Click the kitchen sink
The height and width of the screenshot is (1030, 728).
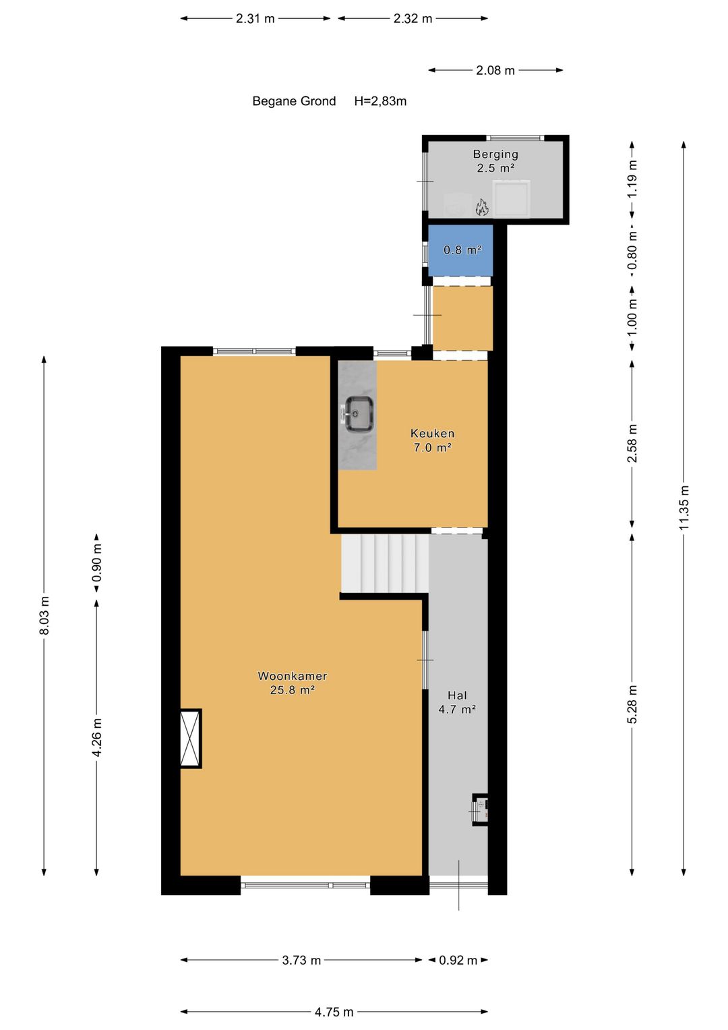tap(359, 413)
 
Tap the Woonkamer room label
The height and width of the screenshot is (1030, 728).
tap(293, 683)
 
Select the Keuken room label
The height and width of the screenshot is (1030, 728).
tap(432, 440)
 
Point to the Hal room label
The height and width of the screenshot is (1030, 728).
tap(457, 702)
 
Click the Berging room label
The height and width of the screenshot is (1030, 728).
tap(495, 161)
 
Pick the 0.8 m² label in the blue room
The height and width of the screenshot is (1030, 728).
tap(462, 250)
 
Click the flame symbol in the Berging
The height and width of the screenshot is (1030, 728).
tap(482, 207)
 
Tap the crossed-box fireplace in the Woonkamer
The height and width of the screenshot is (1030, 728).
tap(191, 739)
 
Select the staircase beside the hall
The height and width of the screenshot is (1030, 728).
tap(384, 563)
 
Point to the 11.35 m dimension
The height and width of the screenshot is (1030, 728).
tap(684, 507)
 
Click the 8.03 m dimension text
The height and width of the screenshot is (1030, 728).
tap(44, 615)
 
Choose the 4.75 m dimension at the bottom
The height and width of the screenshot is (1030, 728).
tap(334, 1012)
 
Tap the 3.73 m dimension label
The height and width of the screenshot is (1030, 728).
tap(301, 961)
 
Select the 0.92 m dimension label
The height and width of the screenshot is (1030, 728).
tap(458, 961)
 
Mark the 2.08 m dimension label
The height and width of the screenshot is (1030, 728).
tap(495, 70)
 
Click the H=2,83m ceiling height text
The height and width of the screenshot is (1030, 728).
tap(380, 101)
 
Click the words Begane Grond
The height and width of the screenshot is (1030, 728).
tap(294, 101)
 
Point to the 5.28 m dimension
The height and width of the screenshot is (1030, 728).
tap(632, 704)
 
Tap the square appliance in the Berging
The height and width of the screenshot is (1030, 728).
tap(512, 198)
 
